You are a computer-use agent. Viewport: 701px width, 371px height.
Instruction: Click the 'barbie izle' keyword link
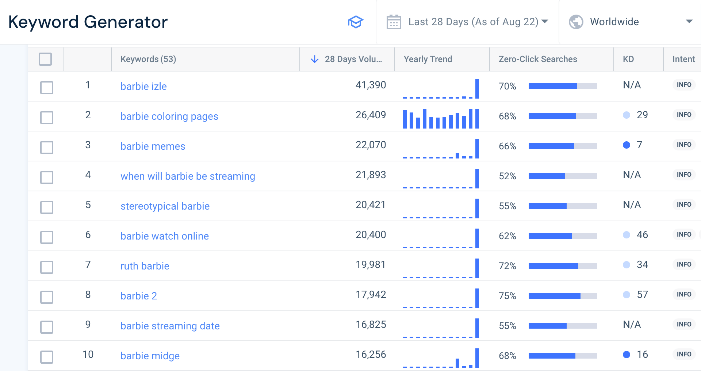point(143,87)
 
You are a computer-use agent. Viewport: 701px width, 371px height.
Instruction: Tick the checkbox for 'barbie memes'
point(47,148)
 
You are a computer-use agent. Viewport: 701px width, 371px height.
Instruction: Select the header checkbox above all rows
point(45,59)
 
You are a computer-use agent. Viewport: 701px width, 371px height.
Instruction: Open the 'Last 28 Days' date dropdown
point(467,22)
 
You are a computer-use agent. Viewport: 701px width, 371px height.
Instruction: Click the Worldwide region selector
point(630,22)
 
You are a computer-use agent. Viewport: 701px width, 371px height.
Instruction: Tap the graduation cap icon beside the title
point(355,22)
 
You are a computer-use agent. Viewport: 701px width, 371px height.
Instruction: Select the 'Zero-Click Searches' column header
point(537,59)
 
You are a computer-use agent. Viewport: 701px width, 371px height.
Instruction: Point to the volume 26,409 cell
point(371,115)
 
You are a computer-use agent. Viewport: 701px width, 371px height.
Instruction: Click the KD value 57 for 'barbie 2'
point(642,295)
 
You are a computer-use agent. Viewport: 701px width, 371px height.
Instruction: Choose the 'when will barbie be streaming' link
point(188,176)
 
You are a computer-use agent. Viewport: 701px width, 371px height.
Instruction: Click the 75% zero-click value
point(507,296)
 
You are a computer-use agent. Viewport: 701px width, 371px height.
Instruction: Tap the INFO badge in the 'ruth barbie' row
point(683,264)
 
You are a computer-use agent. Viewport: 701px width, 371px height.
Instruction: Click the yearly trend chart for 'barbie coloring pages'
point(441,119)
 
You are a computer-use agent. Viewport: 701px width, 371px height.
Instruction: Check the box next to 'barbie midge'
point(47,357)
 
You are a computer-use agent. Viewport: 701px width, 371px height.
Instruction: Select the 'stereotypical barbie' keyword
point(165,206)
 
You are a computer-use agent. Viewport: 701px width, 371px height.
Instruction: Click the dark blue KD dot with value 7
point(627,145)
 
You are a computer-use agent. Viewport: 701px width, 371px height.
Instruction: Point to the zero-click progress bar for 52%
point(563,176)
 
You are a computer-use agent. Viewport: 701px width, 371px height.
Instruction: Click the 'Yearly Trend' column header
point(428,59)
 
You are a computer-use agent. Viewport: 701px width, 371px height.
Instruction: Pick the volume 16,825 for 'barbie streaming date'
point(371,325)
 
